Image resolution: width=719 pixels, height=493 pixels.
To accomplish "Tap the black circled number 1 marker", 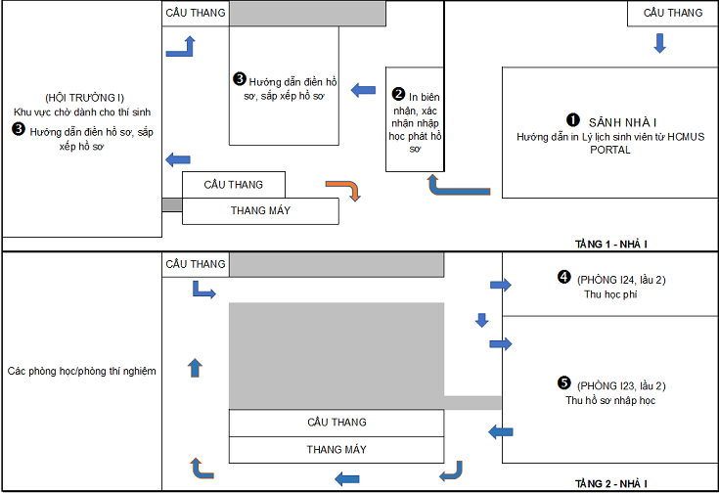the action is (572, 120).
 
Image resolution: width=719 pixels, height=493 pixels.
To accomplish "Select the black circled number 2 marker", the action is (398, 94).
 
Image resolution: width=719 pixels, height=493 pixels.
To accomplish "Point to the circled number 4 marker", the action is (564, 277).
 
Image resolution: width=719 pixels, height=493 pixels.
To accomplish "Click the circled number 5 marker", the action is (564, 382).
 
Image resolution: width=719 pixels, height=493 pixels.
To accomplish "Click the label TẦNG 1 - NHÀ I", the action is (610, 244).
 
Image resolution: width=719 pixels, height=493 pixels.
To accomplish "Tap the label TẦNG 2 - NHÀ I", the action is (610, 484).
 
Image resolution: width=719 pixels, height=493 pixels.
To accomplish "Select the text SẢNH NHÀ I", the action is (623, 122).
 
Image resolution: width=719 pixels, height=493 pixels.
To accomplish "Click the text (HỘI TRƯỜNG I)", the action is (84, 98).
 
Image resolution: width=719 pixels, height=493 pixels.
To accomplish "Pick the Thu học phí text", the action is (610, 294).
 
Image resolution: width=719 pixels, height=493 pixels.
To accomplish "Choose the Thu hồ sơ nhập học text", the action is (610, 400).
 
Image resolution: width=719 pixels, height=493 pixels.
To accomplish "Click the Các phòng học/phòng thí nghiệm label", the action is (81, 371).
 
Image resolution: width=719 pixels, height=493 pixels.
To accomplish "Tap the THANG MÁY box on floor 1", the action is (260, 211).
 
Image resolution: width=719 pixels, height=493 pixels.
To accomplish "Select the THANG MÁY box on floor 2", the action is (337, 450).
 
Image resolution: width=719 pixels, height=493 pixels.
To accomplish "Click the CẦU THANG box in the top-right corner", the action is (672, 13).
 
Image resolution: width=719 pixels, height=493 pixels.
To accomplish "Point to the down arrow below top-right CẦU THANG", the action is (660, 43).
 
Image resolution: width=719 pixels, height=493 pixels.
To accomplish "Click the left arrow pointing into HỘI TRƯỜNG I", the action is (177, 159).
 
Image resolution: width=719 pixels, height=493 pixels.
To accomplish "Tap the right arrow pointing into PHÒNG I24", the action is (500, 285).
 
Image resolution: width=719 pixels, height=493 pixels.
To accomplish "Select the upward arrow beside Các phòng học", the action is (195, 368).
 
